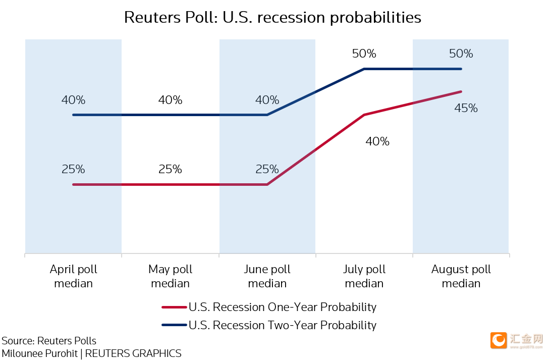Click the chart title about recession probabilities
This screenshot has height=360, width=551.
tap(272, 18)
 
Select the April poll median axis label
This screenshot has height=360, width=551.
tap(74, 276)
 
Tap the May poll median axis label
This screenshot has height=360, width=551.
tap(171, 276)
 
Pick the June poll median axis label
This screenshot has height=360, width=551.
tap(267, 276)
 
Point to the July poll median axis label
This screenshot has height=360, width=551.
tap(364, 276)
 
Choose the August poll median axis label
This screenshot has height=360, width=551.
tap(461, 276)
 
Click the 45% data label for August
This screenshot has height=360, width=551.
tap(466, 108)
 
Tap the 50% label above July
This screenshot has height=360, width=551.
tap(364, 54)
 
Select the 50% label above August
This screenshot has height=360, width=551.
tap(461, 54)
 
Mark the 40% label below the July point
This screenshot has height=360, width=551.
tap(377, 141)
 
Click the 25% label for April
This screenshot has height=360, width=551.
tap(74, 169)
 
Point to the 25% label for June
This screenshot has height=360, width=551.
tap(267, 169)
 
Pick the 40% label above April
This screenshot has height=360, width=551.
tap(74, 100)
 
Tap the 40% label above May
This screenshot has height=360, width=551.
tap(171, 100)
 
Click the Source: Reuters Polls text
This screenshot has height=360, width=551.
tap(49, 340)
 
